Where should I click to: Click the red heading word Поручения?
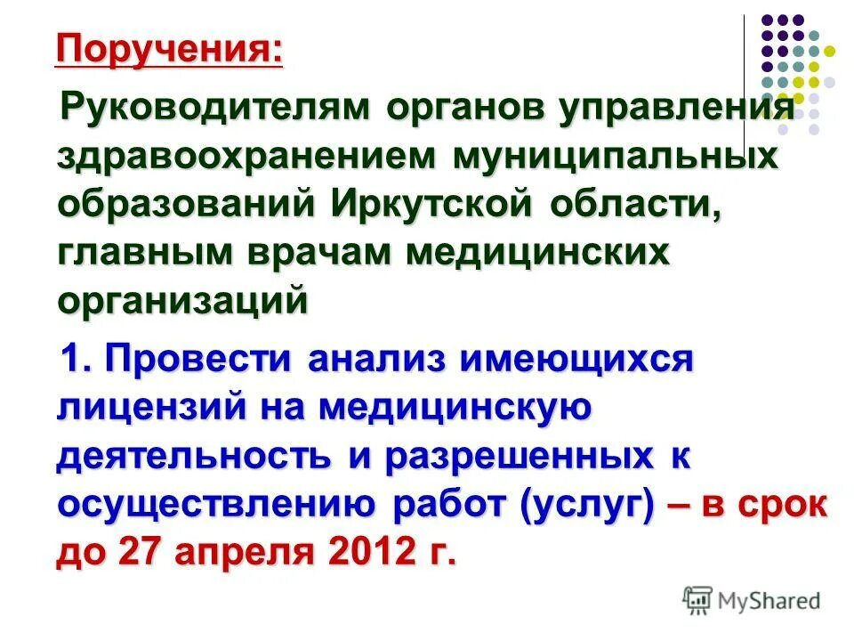[169, 49]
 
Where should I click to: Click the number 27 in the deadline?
[134, 553]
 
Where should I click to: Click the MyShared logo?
[752, 600]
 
